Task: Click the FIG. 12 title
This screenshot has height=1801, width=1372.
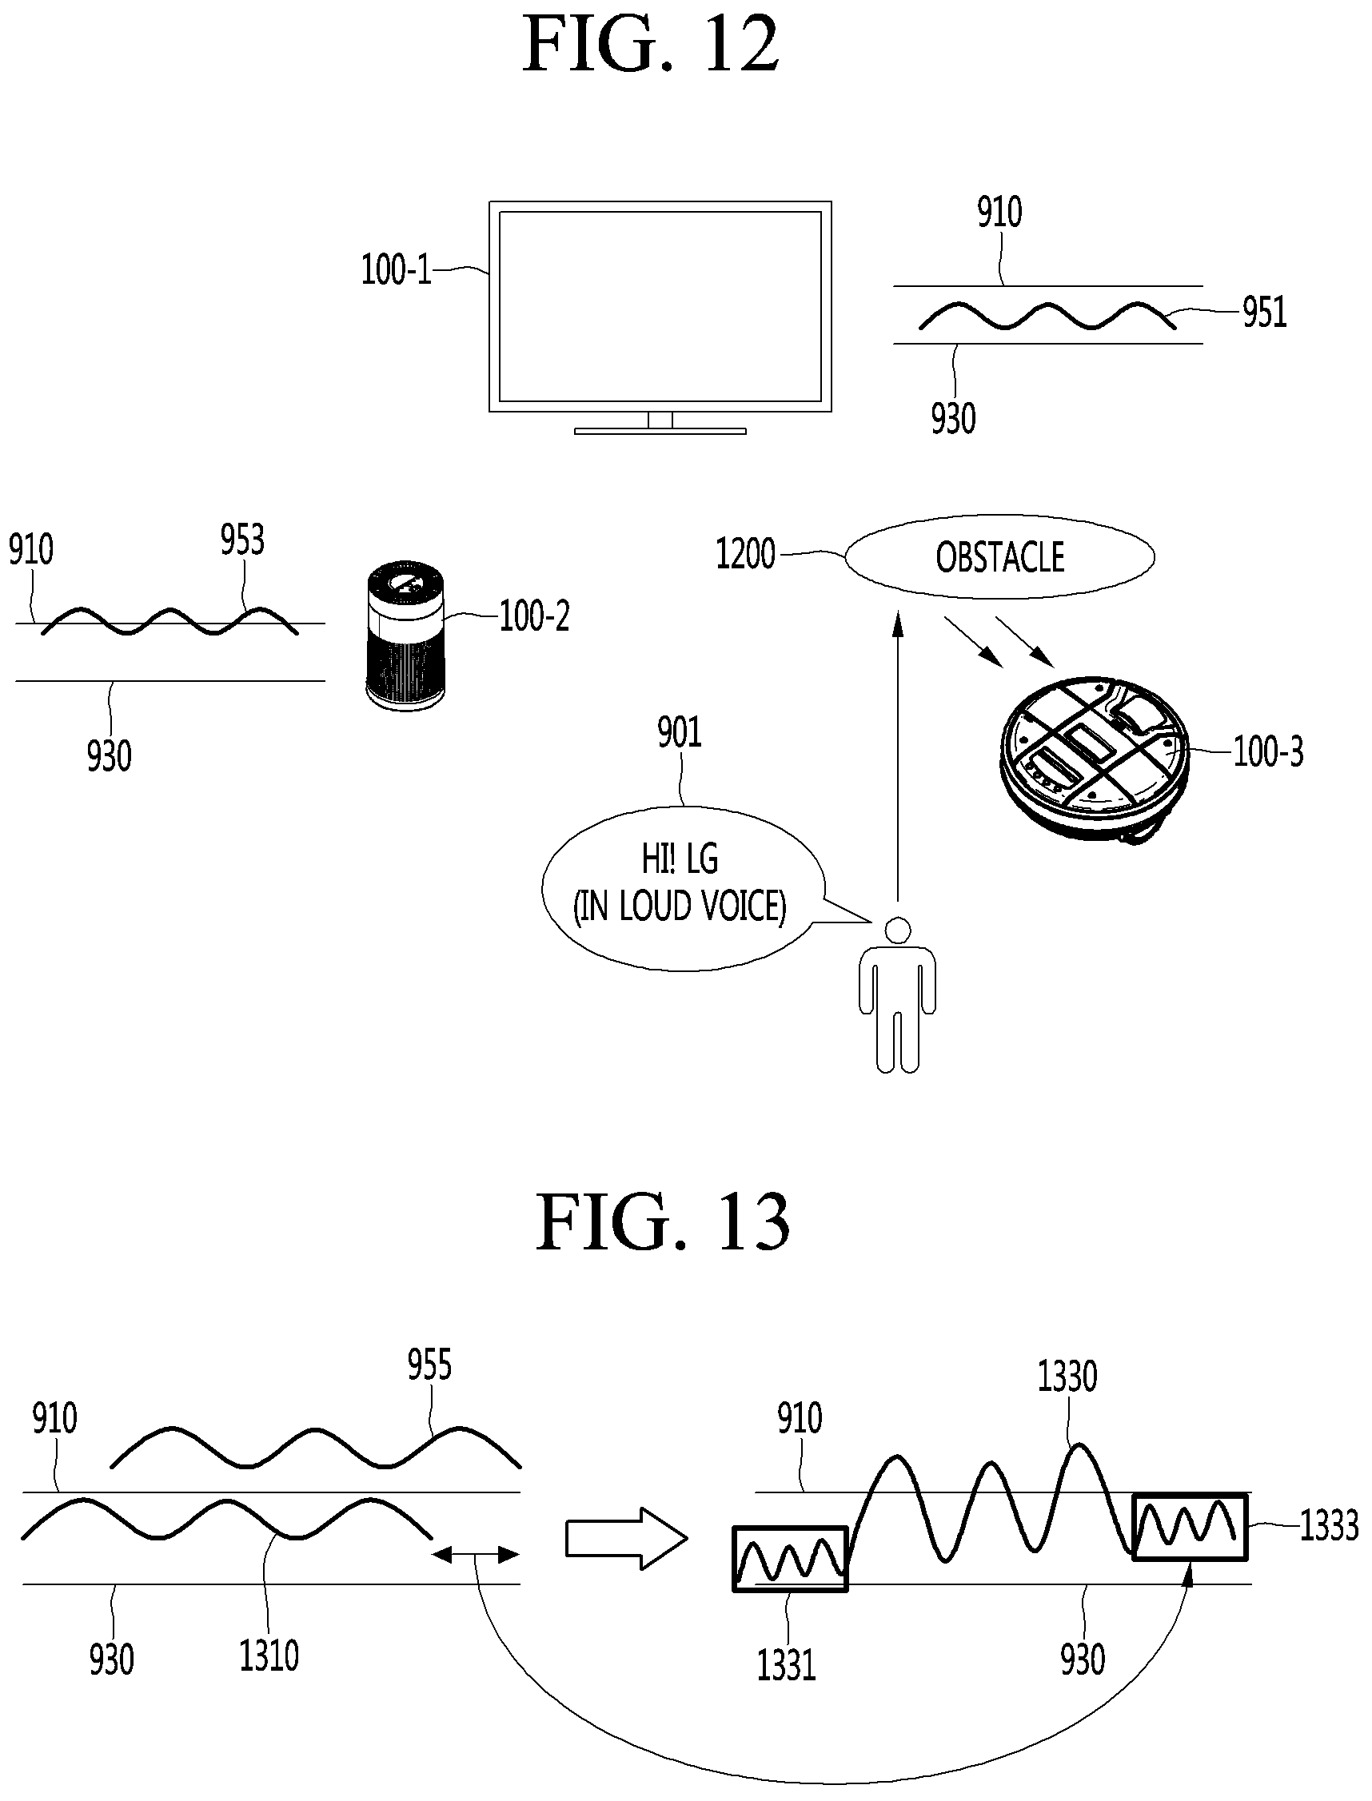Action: [651, 46]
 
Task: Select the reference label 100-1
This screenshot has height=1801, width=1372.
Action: [396, 269]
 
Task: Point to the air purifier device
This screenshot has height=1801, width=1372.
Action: [406, 634]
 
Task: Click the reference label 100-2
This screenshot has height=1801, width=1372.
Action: [535, 616]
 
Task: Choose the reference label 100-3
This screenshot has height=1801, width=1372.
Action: [1267, 751]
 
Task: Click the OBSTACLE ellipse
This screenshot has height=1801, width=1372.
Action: [999, 557]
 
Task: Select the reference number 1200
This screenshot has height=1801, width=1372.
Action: [746, 554]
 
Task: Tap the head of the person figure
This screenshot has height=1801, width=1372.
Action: [898, 930]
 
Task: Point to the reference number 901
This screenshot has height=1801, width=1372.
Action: [680, 732]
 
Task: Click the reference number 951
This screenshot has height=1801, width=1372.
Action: [1264, 313]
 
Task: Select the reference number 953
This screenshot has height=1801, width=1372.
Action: [242, 540]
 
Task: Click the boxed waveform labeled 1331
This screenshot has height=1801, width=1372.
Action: [791, 1559]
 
